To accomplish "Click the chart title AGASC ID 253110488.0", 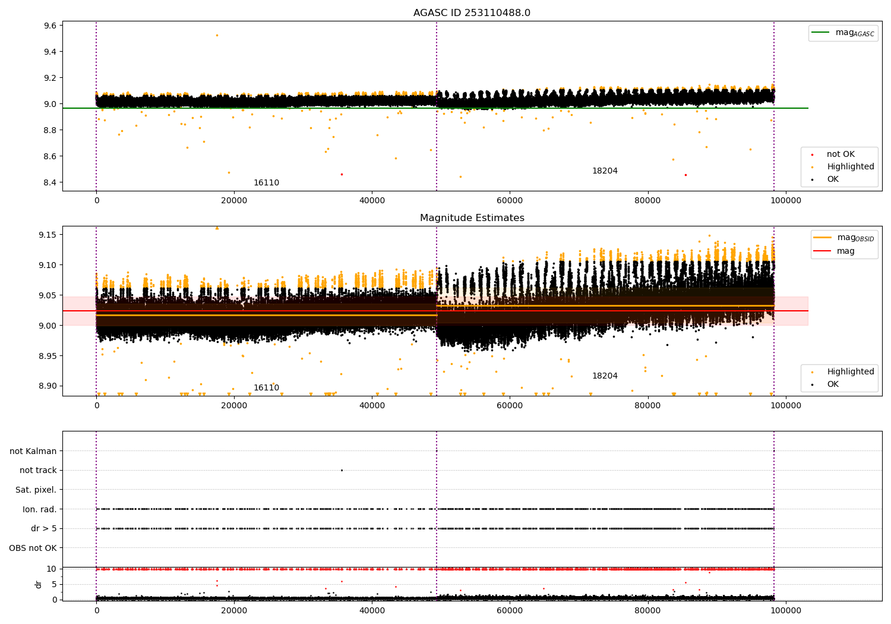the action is pyautogui.click(x=472, y=12).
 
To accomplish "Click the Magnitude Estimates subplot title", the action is pyautogui.click(x=472, y=218).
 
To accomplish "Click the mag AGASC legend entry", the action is pyautogui.click(x=843, y=33).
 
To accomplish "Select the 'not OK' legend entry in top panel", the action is pyautogui.click(x=833, y=154).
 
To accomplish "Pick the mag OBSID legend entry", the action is pyautogui.click(x=843, y=238).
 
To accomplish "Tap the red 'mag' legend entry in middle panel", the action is pyautogui.click(x=834, y=251).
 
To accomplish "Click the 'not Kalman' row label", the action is pyautogui.click(x=33, y=451).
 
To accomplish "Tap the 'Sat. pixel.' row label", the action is pyautogui.click(x=36, y=490).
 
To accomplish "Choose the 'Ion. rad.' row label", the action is pyautogui.click(x=39, y=509).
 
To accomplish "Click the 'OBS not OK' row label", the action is pyautogui.click(x=33, y=548).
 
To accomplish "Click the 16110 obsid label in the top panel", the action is pyautogui.click(x=267, y=182).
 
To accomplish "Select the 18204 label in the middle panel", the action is pyautogui.click(x=605, y=376).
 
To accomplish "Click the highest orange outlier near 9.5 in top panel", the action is pyautogui.click(x=217, y=36).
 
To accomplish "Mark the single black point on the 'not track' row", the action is pyautogui.click(x=342, y=471).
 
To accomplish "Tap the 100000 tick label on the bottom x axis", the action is pyautogui.click(x=786, y=611).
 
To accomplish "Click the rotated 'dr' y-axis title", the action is pyautogui.click(x=38, y=585).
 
